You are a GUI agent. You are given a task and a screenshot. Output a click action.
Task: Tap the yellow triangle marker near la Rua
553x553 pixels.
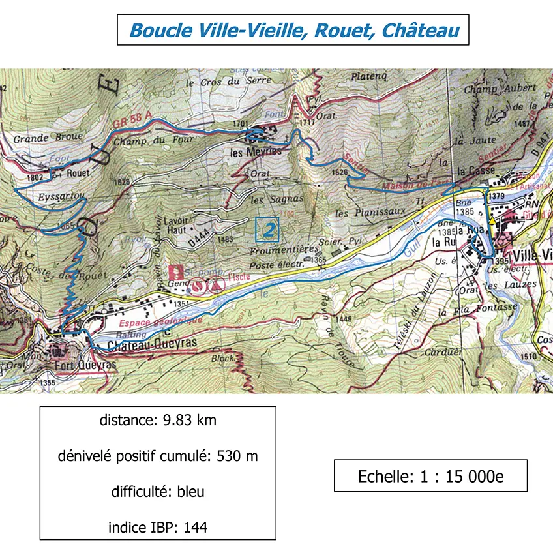(x=492, y=221)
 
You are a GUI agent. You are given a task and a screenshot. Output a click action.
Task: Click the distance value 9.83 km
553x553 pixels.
(x=186, y=421)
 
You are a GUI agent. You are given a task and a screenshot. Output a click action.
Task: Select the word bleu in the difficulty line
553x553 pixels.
(x=190, y=492)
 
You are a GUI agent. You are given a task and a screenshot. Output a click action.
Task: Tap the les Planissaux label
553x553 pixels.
(x=370, y=213)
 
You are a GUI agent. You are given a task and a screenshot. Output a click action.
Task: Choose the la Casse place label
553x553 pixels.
(x=474, y=172)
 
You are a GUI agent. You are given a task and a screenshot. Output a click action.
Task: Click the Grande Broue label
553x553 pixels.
(x=39, y=138)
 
